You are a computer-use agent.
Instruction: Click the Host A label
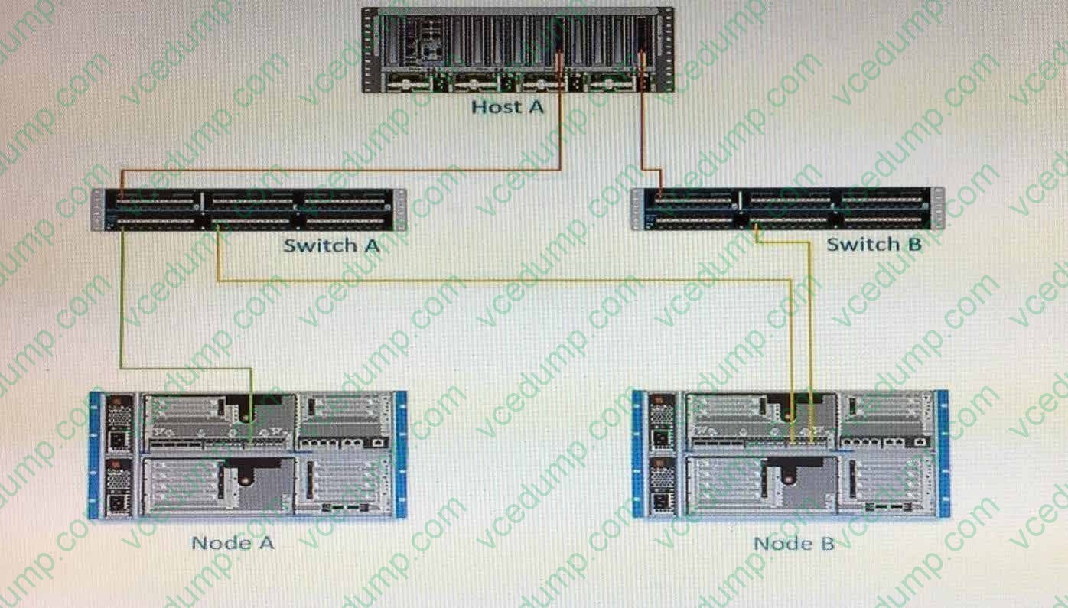click(507, 107)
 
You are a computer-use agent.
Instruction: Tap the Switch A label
click(331, 245)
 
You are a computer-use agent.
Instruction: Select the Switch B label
click(874, 245)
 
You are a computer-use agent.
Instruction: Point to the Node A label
click(233, 543)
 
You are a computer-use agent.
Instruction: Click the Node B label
click(794, 543)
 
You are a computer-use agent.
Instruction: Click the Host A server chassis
click(518, 50)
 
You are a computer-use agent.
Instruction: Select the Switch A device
click(249, 210)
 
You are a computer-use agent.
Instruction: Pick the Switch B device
click(788, 209)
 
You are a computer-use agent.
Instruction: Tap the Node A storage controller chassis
click(248, 454)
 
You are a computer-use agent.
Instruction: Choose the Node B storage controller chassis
click(790, 454)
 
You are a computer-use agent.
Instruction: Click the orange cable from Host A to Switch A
click(341, 169)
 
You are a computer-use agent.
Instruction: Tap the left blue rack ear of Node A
click(95, 455)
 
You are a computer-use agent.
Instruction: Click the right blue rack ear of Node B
click(943, 454)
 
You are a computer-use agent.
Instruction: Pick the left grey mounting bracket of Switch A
click(98, 210)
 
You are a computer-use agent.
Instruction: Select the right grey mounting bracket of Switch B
click(938, 209)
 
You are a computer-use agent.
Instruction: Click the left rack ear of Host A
click(368, 50)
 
